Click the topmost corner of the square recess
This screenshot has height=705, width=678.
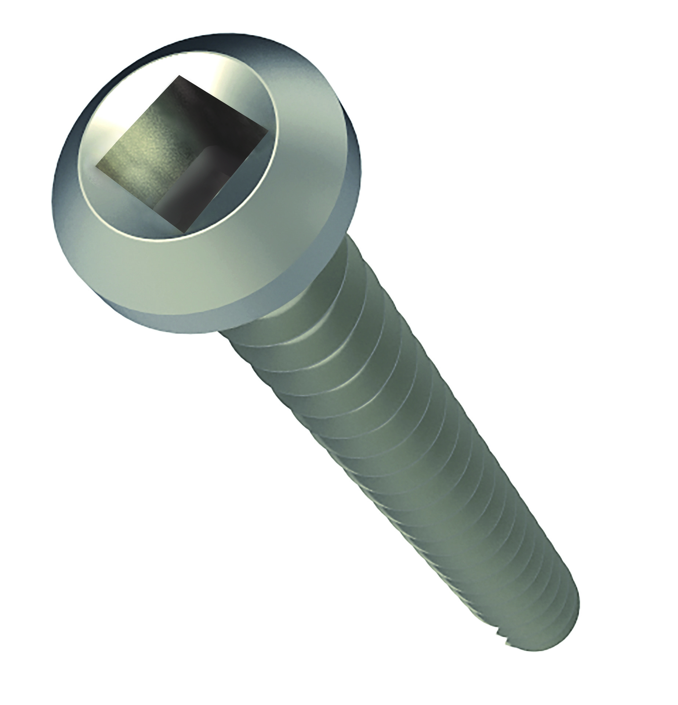[x=180, y=76]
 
